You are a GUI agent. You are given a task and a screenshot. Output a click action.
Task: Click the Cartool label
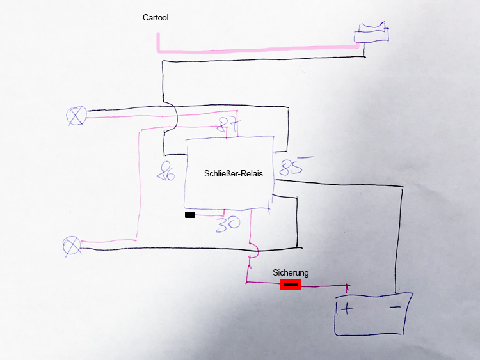pos(155,18)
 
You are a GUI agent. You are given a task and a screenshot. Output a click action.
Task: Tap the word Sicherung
pos(291,272)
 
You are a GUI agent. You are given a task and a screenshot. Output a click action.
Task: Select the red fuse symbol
pos(291,284)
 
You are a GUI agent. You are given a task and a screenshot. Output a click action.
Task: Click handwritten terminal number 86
pos(166,171)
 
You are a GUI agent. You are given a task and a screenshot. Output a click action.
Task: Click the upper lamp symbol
pos(76,116)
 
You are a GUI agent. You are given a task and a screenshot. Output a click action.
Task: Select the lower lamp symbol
pos(71,245)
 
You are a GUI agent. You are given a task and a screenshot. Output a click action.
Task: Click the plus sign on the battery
pos(346,310)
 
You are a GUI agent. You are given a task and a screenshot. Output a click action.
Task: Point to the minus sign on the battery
pos(394,308)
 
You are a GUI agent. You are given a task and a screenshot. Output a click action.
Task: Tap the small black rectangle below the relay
pos(190,215)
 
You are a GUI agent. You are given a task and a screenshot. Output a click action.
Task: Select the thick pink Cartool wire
pos(256,47)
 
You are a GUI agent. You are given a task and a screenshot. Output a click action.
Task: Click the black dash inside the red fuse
pos(291,284)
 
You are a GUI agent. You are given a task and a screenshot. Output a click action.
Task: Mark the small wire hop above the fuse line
pos(253,249)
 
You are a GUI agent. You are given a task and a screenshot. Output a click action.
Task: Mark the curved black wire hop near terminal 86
pos(173,117)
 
